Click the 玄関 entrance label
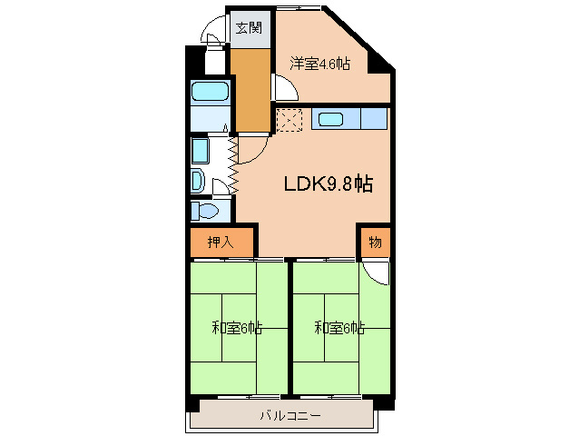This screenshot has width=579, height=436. point(249,28)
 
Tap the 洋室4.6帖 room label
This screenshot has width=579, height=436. point(319,64)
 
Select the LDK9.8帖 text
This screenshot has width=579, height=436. point(329,183)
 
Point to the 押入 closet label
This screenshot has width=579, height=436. point(221,242)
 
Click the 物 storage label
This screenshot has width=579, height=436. point(375,243)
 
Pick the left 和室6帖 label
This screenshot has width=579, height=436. point(237,328)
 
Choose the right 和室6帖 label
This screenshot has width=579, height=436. point(339,328)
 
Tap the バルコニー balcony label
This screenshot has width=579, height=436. point(290,416)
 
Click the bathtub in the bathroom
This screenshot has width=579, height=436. point(210,91)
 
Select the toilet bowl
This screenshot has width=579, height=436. point(207,212)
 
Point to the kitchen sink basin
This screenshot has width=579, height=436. point(331,119)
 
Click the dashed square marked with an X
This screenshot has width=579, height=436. point(289,119)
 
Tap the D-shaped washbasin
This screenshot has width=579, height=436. point(198,181)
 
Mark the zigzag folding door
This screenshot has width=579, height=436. point(233,164)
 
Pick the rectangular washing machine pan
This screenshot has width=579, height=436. point(201,151)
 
